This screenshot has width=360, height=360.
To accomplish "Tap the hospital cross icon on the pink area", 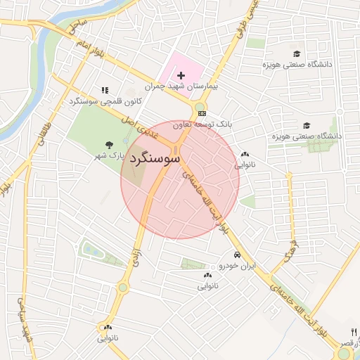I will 181,75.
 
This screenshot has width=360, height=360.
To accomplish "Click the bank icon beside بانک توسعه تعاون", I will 202,112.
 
